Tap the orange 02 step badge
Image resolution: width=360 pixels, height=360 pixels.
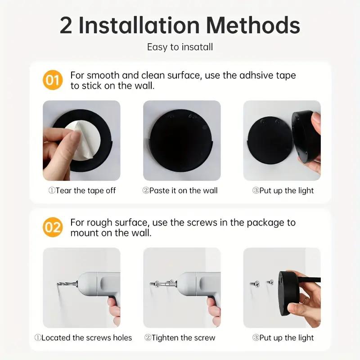click(x=53, y=228)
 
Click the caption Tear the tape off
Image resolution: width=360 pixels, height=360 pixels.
click(x=82, y=191)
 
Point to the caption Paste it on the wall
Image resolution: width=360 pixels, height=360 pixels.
click(x=180, y=191)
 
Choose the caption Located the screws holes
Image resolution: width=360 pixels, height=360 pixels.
click(x=83, y=337)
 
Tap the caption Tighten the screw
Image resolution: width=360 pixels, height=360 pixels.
click(x=180, y=337)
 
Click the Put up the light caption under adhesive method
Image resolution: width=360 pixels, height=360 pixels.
click(x=283, y=191)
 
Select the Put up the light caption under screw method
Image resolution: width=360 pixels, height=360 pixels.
click(x=283, y=337)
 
